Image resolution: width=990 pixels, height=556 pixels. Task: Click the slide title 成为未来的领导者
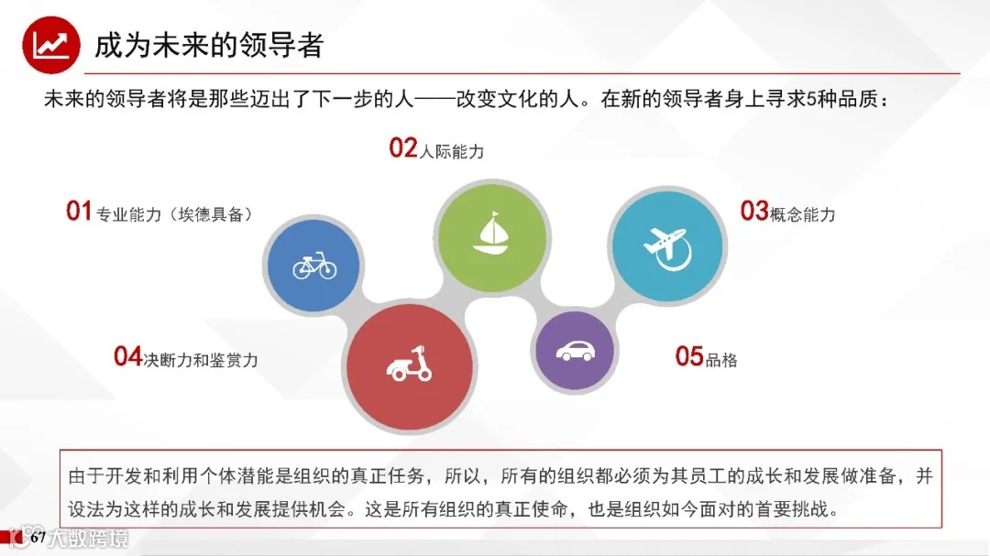(209, 45)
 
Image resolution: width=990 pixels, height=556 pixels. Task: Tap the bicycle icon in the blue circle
(314, 267)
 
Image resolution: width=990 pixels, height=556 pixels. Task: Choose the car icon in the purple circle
(575, 351)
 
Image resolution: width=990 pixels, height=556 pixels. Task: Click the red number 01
(79, 212)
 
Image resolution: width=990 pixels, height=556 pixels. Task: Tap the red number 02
(403, 148)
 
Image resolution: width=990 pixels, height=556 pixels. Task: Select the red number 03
(754, 212)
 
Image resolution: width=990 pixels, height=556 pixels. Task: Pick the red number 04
(128, 356)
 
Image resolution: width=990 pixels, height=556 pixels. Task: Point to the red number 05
(689, 356)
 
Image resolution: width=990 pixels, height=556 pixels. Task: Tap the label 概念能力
(803, 215)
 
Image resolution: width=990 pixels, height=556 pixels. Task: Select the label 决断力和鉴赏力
(201, 360)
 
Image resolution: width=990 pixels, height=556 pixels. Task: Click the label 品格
(721, 360)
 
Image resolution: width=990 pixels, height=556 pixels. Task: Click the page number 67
(38, 539)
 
